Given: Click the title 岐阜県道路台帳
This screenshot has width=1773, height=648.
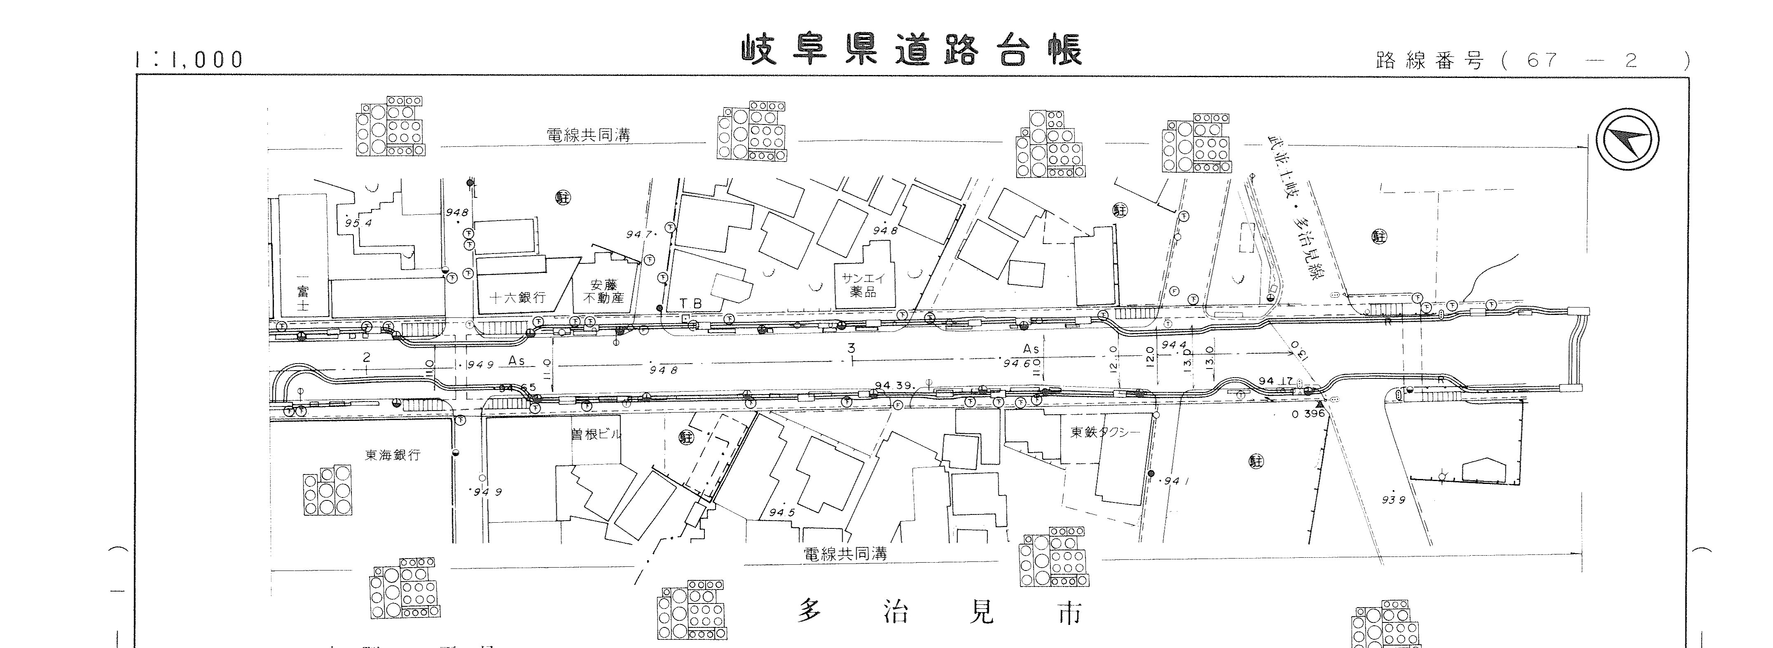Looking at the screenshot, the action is (x=911, y=49).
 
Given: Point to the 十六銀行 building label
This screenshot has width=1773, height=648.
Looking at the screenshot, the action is (x=518, y=298).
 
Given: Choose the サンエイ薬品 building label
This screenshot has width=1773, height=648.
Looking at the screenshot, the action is (x=863, y=285).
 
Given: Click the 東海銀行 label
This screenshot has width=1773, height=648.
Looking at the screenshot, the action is (x=392, y=455).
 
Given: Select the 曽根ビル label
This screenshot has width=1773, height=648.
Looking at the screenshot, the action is (x=596, y=434).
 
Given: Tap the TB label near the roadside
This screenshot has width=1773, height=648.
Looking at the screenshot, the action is (x=691, y=303).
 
